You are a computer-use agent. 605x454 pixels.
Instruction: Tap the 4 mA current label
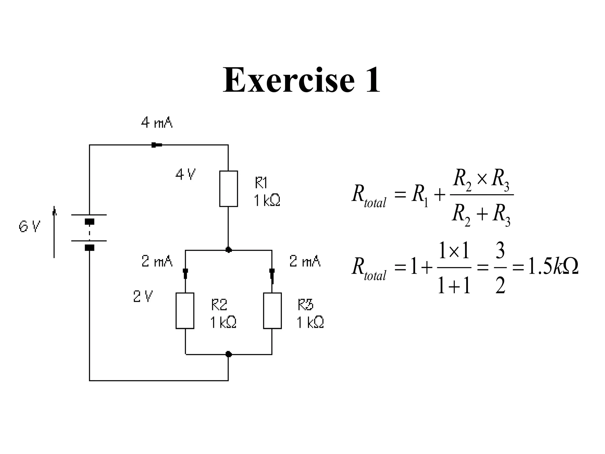tap(157, 122)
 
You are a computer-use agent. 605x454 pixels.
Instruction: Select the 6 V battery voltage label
tap(30, 227)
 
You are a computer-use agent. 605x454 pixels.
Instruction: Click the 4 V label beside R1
tap(186, 174)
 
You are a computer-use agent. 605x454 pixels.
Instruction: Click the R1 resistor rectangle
tap(228, 189)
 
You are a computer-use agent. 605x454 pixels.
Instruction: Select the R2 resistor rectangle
tap(185, 311)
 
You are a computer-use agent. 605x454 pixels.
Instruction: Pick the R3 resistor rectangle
tap(272, 311)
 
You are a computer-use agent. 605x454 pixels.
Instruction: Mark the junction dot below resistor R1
tap(228, 250)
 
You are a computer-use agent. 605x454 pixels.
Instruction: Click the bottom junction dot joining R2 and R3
tap(228, 354)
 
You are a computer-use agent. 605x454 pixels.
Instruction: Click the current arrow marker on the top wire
tap(156, 145)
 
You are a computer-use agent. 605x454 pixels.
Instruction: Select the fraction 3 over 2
tap(500, 267)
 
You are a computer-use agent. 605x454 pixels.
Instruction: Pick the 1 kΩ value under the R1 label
tap(267, 201)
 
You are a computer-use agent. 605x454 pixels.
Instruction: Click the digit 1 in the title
tap(373, 80)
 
